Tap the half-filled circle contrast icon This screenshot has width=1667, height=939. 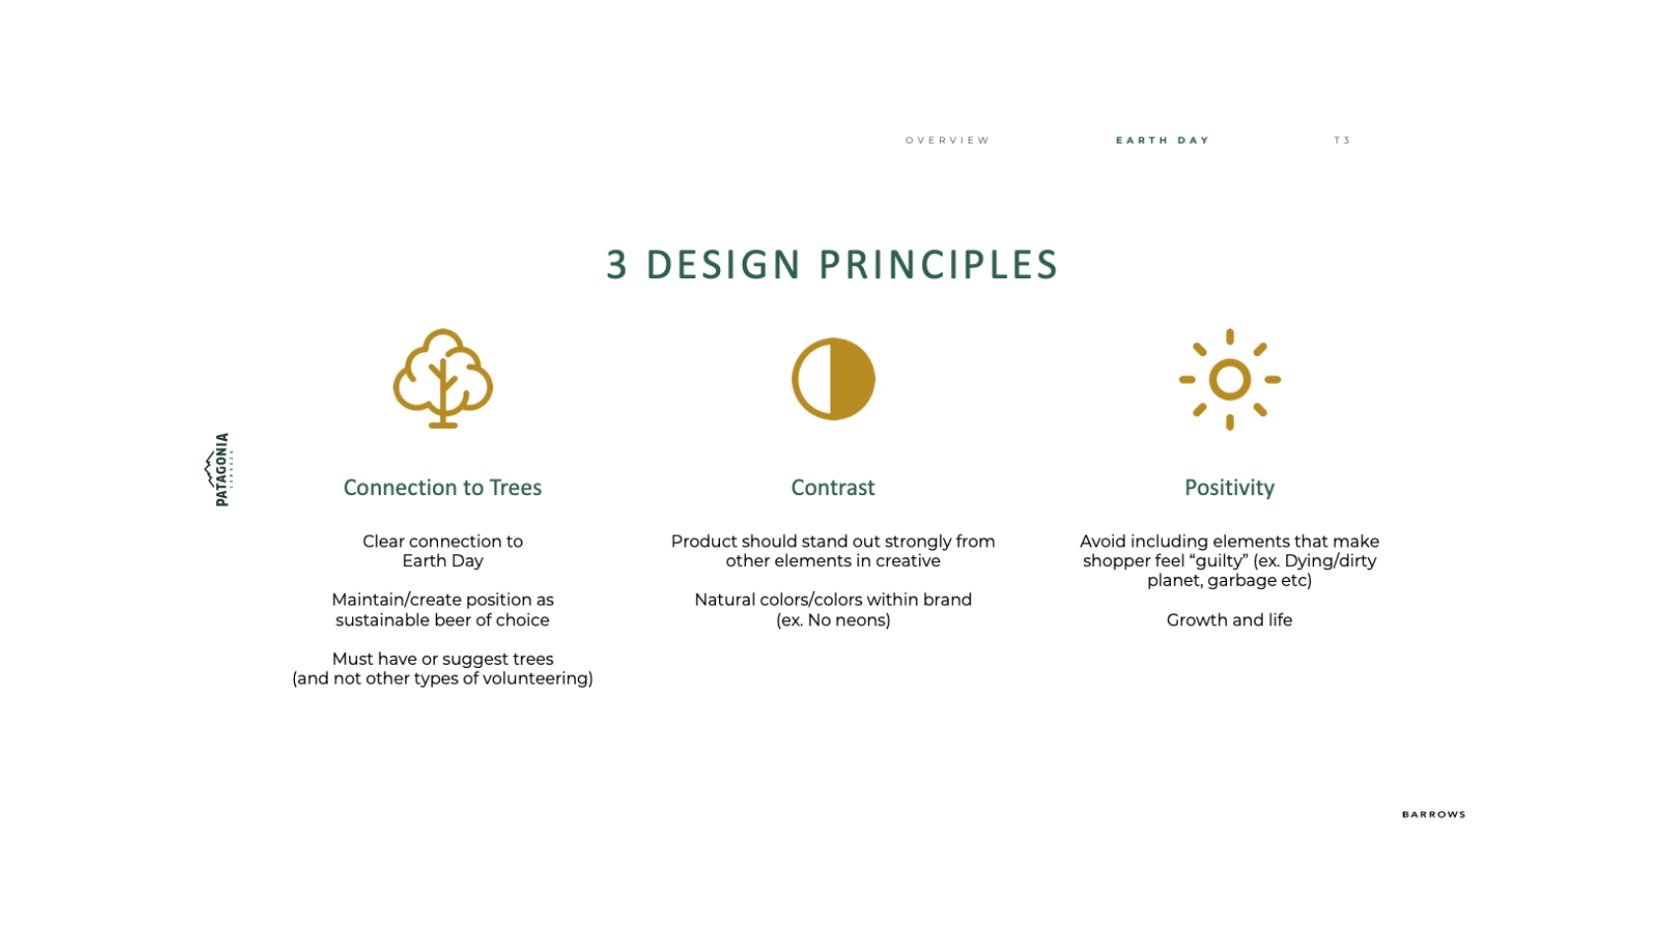pos(833,380)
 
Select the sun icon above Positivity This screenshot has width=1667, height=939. pos(1229,380)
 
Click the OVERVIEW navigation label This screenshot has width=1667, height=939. pos(947,141)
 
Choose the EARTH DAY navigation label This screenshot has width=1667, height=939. pos(1162,141)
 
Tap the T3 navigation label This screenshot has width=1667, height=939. pos(1342,141)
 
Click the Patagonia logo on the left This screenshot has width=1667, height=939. pos(219,469)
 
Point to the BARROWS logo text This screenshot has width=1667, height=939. pos(1433,815)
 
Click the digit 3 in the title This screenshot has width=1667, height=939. pos(616,265)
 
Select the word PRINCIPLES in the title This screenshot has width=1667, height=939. pos(938,265)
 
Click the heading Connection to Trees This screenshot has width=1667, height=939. pos(442,488)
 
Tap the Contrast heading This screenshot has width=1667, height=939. pos(833,488)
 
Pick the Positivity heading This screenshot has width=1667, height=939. pos(1229,488)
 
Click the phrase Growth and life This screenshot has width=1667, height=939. pos(1229,620)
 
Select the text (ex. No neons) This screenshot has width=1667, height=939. pos(833,620)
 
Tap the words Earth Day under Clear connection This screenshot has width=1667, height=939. pos(443,562)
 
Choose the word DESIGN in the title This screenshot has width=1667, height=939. pos(723,265)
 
